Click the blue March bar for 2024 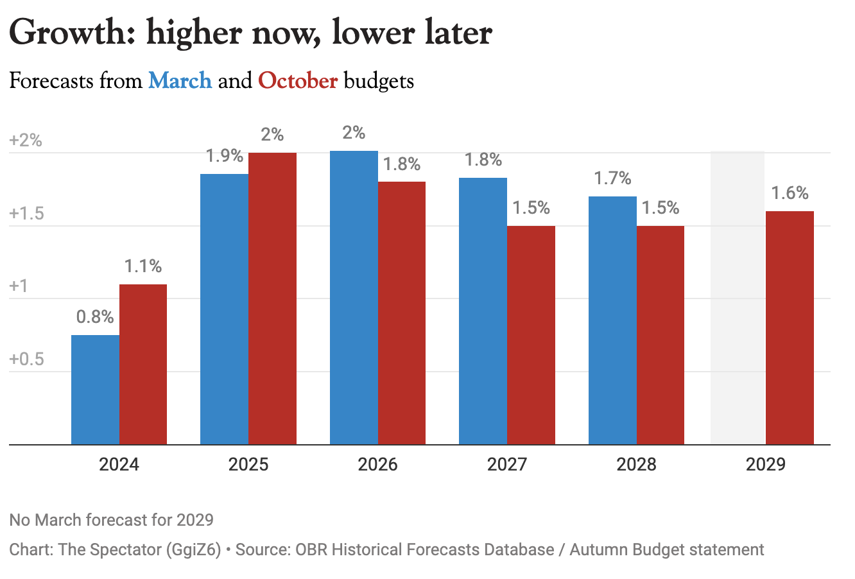(95, 389)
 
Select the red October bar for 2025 (272, 298)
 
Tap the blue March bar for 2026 (354, 297)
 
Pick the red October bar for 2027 (531, 334)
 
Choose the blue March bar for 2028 (612, 320)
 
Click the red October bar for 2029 (790, 327)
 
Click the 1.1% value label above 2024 (142, 266)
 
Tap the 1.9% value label (224, 156)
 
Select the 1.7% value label (612, 178)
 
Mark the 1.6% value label (790, 193)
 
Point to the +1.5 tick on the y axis (27, 214)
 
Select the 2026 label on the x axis (377, 464)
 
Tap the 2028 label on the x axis (636, 464)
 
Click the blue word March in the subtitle (180, 81)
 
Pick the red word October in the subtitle (298, 81)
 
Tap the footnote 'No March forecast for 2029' (112, 519)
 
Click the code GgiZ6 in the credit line (201, 550)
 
